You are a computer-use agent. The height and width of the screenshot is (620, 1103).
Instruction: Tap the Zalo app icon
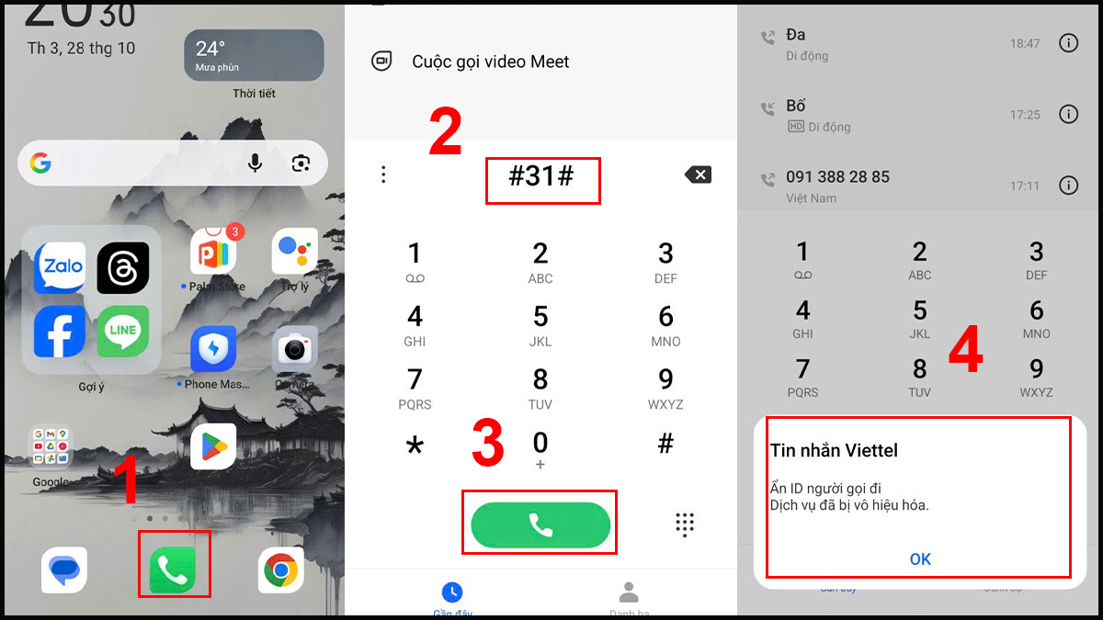coord(60,267)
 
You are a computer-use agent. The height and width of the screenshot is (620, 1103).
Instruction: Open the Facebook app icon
coord(60,332)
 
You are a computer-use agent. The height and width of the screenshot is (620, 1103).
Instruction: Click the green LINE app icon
coord(123,332)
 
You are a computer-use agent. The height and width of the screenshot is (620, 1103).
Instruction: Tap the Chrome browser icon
coord(281,570)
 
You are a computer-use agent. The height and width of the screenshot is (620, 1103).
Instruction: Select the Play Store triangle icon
coord(213,446)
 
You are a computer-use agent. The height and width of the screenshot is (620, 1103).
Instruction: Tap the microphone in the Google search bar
coord(255,163)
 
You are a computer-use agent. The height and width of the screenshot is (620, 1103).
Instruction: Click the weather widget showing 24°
coord(254,55)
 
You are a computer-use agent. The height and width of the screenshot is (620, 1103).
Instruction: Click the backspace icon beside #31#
coord(698,175)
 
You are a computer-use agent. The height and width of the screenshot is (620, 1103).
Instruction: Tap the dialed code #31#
coord(541,177)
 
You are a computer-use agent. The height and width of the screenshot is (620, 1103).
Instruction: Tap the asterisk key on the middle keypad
coord(415,446)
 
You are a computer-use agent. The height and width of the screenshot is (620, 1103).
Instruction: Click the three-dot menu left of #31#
coord(383,175)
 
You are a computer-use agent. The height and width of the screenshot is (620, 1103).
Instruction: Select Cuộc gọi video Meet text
coord(491,62)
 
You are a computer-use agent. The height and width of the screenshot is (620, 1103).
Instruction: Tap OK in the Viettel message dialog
coord(920,559)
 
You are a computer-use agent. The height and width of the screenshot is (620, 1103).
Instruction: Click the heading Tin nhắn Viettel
coord(834,450)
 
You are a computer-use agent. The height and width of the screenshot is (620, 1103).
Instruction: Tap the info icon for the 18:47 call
coord(1068,43)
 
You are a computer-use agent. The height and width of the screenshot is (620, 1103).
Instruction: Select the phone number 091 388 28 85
coord(837,176)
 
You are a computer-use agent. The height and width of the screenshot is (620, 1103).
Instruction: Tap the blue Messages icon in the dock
coord(64,570)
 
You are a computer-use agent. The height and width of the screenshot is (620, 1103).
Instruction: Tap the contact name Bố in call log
coord(796,106)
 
